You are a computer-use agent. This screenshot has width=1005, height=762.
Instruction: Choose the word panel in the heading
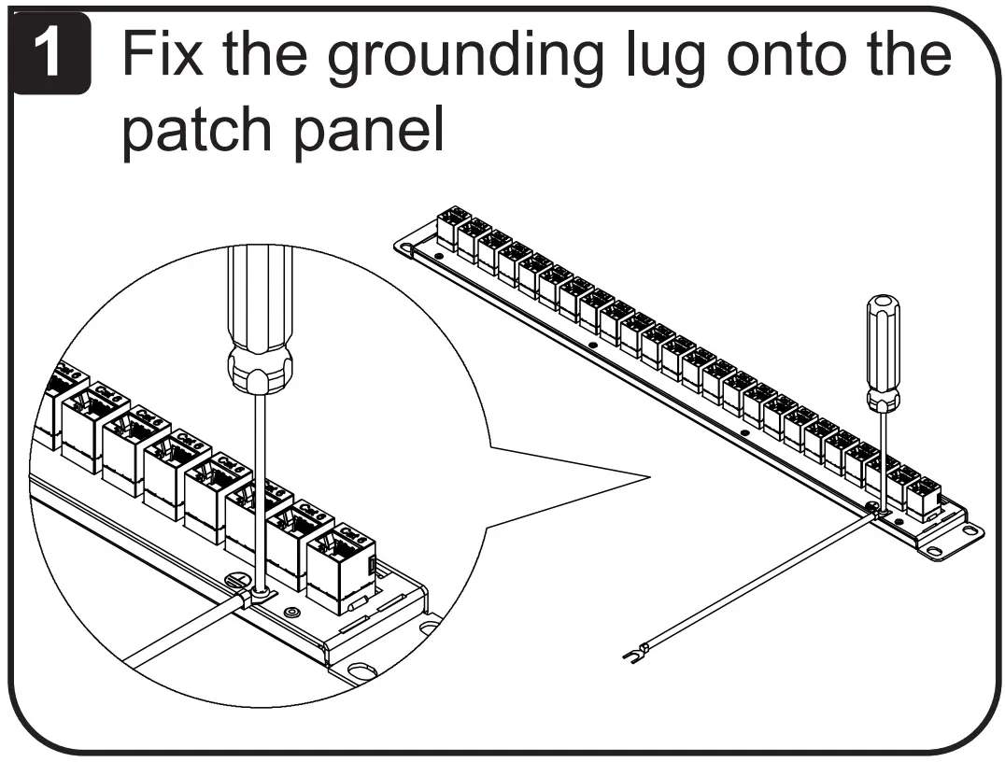(374, 134)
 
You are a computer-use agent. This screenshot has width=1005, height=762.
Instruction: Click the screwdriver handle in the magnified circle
(256, 317)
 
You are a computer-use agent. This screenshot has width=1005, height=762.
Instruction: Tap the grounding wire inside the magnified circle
(177, 635)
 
